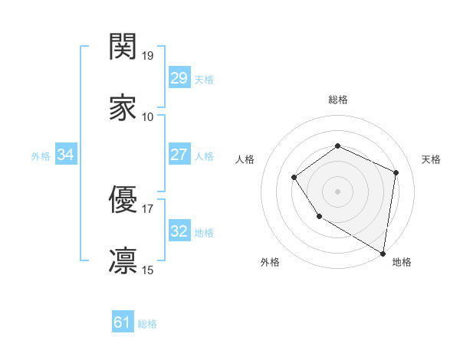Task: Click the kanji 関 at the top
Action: tap(123, 47)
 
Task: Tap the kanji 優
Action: tap(123, 201)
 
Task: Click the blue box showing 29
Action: tap(179, 78)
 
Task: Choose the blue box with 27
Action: tap(179, 155)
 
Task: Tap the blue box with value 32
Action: tap(179, 231)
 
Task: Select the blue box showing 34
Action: tap(66, 155)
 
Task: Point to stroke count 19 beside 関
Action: tap(149, 56)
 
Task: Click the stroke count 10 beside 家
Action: tap(148, 117)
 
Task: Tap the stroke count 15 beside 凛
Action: tap(148, 270)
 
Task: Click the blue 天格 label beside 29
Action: tap(204, 79)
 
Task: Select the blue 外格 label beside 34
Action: tap(41, 155)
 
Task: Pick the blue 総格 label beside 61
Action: tap(147, 324)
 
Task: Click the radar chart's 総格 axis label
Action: tap(337, 100)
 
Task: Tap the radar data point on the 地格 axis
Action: tap(383, 253)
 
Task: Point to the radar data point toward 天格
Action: tap(396, 172)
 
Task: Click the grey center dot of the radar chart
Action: tap(337, 191)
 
